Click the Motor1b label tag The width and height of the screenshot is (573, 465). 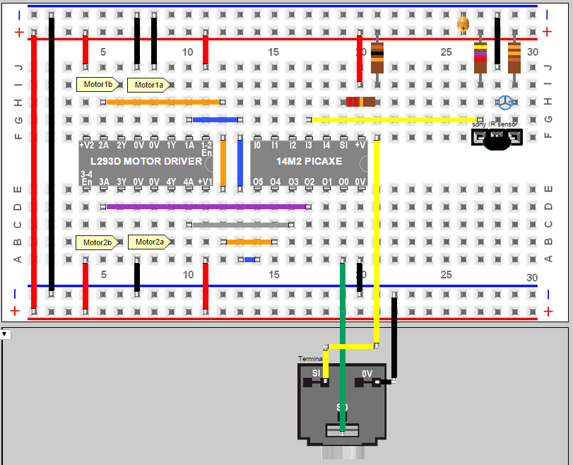pyautogui.click(x=97, y=85)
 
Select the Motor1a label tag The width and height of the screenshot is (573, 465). pyautogui.click(x=148, y=85)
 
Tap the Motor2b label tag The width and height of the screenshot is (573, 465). pyautogui.click(x=97, y=242)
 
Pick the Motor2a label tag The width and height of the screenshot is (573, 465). pyautogui.click(x=148, y=242)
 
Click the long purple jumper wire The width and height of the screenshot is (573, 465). pyautogui.click(x=205, y=207)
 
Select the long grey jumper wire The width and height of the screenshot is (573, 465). pyautogui.click(x=240, y=225)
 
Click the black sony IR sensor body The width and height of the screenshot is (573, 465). pyautogui.click(x=497, y=141)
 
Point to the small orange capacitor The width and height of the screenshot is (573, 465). pyautogui.click(x=463, y=24)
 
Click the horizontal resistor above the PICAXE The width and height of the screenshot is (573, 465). pyautogui.click(x=360, y=102)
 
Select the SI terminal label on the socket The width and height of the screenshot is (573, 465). pyautogui.click(x=317, y=373)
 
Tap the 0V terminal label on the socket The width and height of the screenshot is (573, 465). pyautogui.click(x=367, y=373)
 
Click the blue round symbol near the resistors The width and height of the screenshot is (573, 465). pyautogui.click(x=505, y=102)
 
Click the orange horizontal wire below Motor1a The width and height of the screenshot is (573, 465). pyautogui.click(x=164, y=102)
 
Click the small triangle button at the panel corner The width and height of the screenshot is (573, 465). pyautogui.click(x=4, y=334)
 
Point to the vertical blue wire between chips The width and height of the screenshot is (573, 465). pyautogui.click(x=240, y=163)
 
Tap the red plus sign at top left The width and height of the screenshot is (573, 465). pyautogui.click(x=18, y=32)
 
